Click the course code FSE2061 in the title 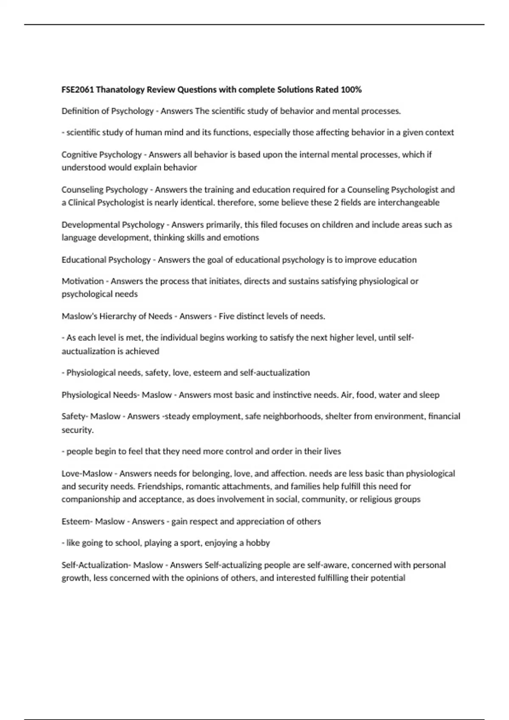point(78,90)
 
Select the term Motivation point(83,281)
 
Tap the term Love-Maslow point(87,474)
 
